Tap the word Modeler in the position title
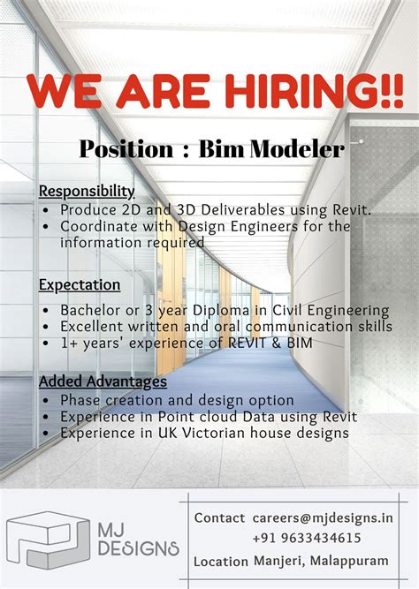(x=297, y=148)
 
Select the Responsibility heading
(x=87, y=191)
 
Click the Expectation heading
(x=80, y=284)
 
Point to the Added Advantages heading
(x=103, y=381)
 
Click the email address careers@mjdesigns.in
(x=321, y=517)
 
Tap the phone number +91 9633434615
(x=306, y=538)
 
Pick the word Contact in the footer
(x=220, y=517)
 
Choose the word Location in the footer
(x=221, y=561)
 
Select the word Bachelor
(x=91, y=310)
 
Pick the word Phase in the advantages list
(x=80, y=400)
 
